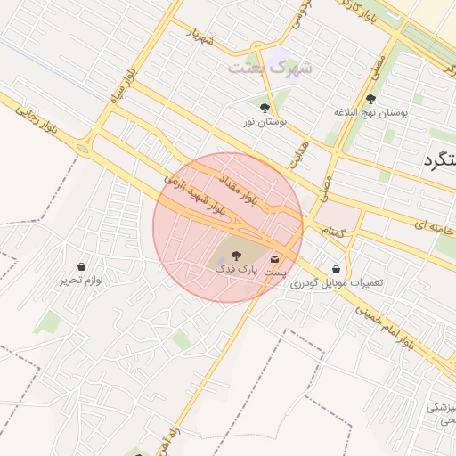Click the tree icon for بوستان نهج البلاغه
(370, 99)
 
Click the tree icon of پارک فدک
(235, 255)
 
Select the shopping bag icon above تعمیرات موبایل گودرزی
(336, 268)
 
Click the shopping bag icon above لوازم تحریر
(82, 265)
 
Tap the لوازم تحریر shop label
(82, 280)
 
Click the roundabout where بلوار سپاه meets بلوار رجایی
(83, 148)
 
